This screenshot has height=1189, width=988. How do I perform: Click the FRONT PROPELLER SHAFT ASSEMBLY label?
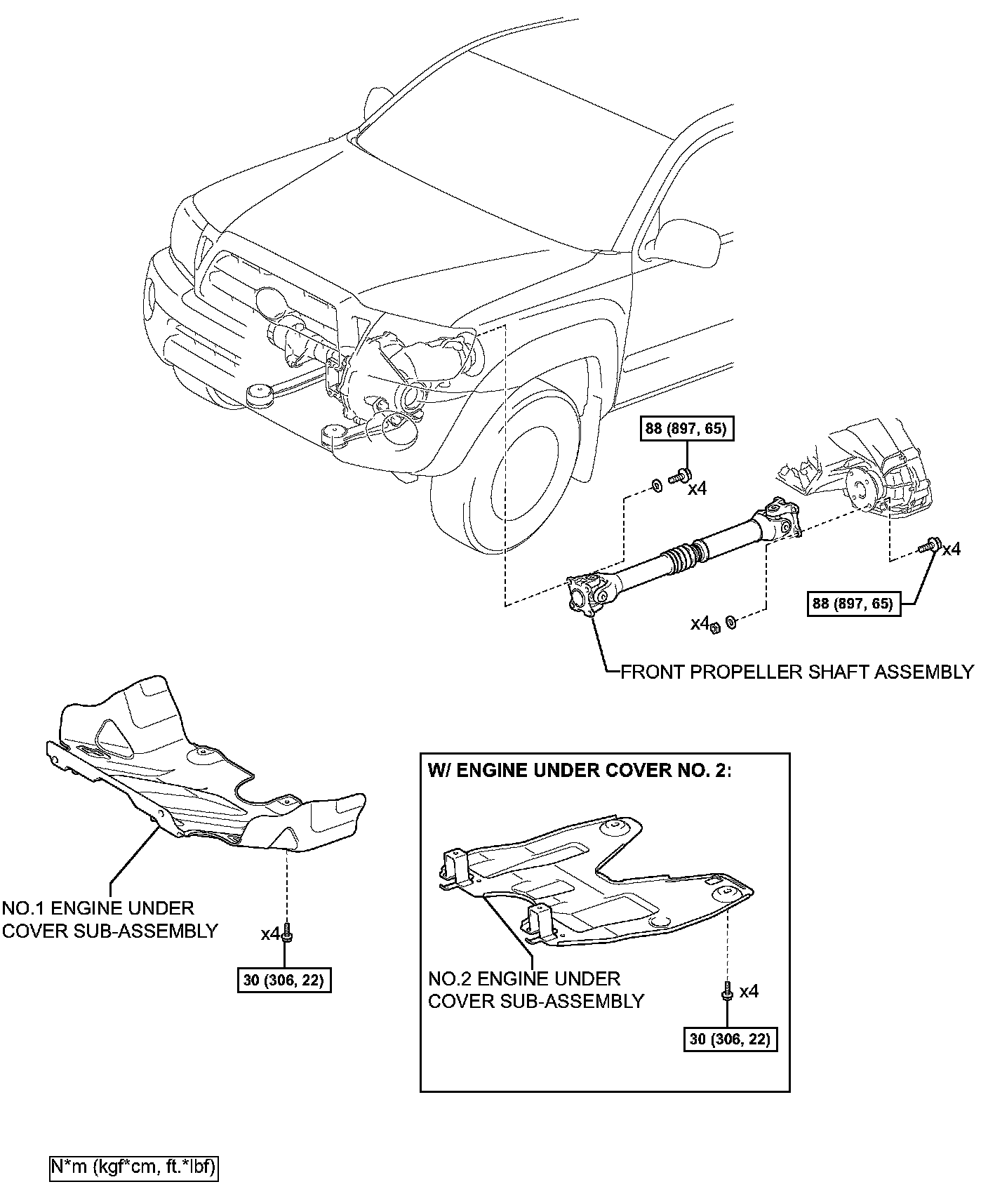point(797,672)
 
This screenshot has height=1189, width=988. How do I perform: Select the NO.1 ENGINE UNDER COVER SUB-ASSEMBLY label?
point(109,919)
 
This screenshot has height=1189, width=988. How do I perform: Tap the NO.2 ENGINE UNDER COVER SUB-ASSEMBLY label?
point(535,990)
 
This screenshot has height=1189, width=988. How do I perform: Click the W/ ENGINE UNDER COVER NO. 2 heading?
point(580,770)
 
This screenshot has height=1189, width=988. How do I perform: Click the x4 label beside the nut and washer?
point(700,623)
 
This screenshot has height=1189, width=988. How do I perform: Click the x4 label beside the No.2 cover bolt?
point(749,991)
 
